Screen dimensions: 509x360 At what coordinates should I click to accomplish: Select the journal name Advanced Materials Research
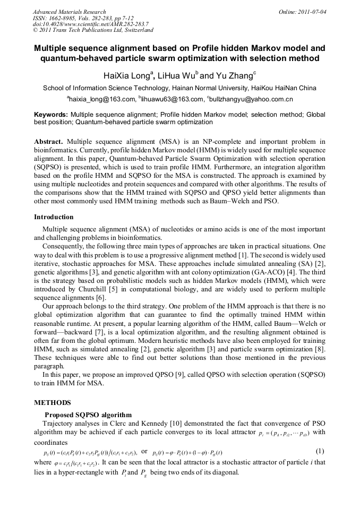(x=69, y=12)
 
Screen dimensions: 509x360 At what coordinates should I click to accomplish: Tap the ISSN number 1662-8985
(x=65, y=18)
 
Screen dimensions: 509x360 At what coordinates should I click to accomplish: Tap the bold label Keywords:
(x=51, y=114)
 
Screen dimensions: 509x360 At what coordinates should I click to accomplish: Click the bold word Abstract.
(x=48, y=142)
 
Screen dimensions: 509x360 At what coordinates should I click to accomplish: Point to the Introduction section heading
(x=55, y=217)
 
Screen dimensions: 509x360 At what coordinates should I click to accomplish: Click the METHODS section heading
(x=52, y=402)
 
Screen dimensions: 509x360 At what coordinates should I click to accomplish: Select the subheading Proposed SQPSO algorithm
(x=88, y=415)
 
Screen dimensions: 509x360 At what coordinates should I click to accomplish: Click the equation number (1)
(x=320, y=451)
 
